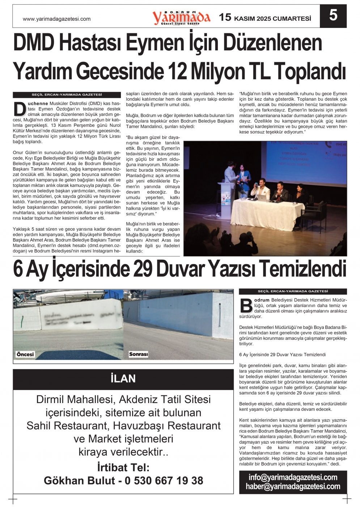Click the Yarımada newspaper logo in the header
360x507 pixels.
[x=181, y=17]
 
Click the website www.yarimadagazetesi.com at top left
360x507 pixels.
[x=56, y=19]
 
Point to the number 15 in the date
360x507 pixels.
[x=225, y=17]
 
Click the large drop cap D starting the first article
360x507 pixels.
[x=20, y=109]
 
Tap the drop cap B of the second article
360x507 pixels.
[x=246, y=306]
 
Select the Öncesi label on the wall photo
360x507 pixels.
[x=25, y=354]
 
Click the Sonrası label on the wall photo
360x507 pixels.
[x=138, y=354]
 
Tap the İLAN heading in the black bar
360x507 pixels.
[x=123, y=379]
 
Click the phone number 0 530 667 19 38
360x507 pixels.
[x=164, y=481]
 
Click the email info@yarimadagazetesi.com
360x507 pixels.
[x=293, y=477]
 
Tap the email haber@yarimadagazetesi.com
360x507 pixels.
[x=293, y=486]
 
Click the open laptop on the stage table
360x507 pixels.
[x=261, y=197]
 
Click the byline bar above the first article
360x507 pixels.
[x=67, y=95]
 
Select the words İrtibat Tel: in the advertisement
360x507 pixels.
[x=123, y=467]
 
